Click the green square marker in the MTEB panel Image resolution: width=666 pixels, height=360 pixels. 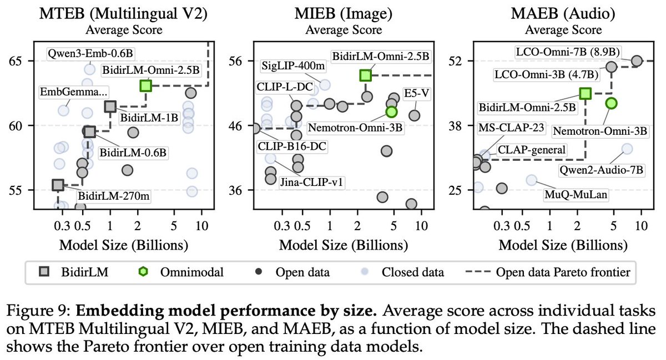click(146, 85)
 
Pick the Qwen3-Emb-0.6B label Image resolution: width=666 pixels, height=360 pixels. click(92, 54)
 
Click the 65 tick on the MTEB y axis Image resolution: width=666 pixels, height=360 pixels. click(22, 60)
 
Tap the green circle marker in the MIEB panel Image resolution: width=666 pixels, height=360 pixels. click(391, 111)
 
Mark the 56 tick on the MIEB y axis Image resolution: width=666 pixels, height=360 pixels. click(241, 60)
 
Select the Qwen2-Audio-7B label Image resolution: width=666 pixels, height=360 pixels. click(612, 171)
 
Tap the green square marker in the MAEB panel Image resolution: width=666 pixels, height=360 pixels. click(585, 94)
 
